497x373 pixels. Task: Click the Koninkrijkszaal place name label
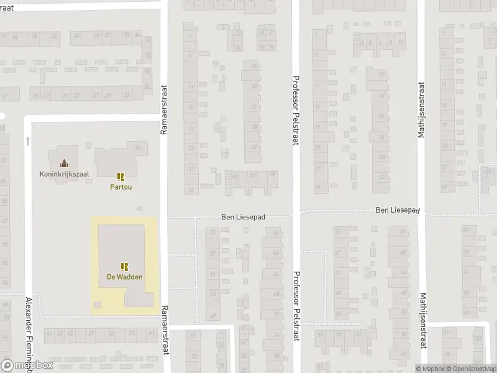point(63,174)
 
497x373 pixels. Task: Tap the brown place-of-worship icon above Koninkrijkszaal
point(63,164)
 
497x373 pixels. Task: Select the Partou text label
point(121,186)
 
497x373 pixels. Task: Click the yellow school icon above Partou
point(121,177)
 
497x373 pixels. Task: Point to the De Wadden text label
point(124,277)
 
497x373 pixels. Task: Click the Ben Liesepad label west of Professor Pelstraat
point(244,218)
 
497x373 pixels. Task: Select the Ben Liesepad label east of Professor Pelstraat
point(398,211)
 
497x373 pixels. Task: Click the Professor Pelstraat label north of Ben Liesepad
point(296,111)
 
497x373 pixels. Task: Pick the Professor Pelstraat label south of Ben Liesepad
point(296,307)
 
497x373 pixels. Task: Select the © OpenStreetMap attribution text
point(474,369)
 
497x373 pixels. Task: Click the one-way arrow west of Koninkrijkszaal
point(28,141)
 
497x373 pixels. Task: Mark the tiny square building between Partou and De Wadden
point(139,208)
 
